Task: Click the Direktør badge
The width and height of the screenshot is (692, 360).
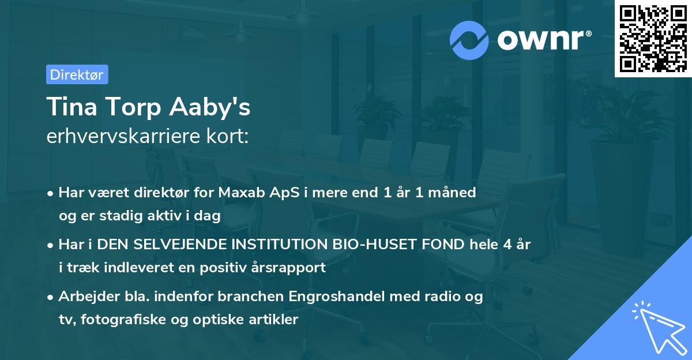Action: tap(77, 74)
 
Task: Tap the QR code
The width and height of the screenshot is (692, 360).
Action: tap(653, 38)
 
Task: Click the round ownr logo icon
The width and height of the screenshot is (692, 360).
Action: tap(469, 40)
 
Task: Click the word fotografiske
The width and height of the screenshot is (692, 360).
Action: tap(123, 320)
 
